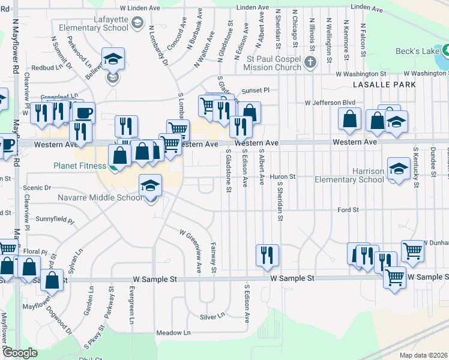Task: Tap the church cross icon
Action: point(310,62)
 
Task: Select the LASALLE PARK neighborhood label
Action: point(385,85)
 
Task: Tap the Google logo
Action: point(20,353)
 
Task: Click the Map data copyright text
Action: point(424,355)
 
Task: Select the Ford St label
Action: point(348,210)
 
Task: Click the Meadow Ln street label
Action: point(173,332)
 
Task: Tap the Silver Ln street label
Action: point(212,316)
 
